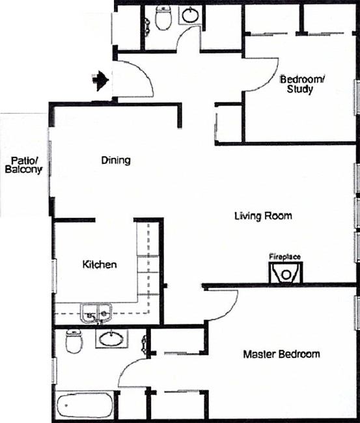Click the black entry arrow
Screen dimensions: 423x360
pyautogui.click(x=100, y=81)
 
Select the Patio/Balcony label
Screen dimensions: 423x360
pyautogui.click(x=23, y=165)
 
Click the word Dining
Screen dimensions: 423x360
pyautogui.click(x=116, y=160)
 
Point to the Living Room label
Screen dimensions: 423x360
pyautogui.click(x=263, y=216)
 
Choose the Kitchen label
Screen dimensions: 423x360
pyautogui.click(x=100, y=265)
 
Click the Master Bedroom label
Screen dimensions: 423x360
pyautogui.click(x=281, y=355)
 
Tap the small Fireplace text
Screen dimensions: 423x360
pyautogui.click(x=284, y=257)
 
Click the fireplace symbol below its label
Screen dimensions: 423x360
pyautogui.click(x=286, y=273)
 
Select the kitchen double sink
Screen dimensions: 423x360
pyautogui.click(x=96, y=314)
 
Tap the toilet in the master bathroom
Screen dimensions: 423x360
pyautogui.click(x=74, y=342)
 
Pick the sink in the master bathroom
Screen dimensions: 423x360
pyautogui.click(x=111, y=338)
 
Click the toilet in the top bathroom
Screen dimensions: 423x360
pyautogui.click(x=163, y=18)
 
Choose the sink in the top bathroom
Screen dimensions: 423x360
pyautogui.click(x=190, y=14)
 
